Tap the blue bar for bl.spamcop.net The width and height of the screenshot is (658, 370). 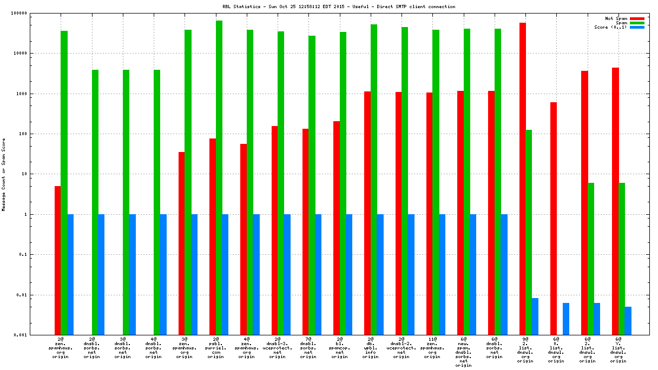coord(349,274)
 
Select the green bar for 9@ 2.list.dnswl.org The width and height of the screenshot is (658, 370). coord(529,232)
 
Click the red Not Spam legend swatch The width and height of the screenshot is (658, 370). coord(637,18)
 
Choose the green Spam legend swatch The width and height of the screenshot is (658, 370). coord(637,23)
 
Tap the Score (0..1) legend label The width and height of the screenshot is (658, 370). coord(610,27)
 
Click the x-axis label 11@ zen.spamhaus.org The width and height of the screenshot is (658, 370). coord(432,348)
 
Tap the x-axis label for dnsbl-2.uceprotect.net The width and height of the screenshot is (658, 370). coord(402,348)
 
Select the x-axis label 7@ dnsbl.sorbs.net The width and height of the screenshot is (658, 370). coord(308,348)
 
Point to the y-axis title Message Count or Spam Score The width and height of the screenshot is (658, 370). coord(4,174)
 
